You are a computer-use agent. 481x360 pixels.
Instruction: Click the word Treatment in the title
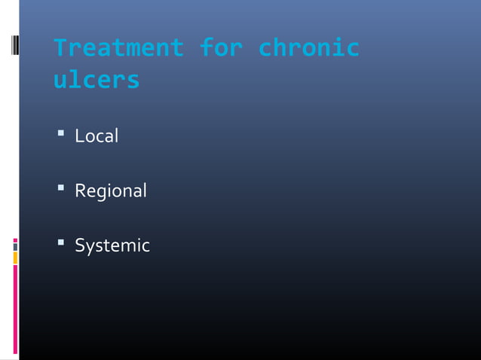[x=118, y=48]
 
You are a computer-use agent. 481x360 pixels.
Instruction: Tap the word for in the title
[x=221, y=48]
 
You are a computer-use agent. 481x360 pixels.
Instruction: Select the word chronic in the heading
[x=308, y=48]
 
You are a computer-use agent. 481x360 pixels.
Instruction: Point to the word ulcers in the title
[x=97, y=79]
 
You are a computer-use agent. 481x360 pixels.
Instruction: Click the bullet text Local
[x=97, y=137]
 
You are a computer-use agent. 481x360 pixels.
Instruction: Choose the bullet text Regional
[x=110, y=191]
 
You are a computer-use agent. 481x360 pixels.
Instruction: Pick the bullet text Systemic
[x=112, y=246]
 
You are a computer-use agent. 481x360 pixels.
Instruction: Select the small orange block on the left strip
[x=15, y=258]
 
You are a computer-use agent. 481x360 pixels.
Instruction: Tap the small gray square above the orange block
[x=15, y=246]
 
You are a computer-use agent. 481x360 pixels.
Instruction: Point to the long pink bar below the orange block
[x=15, y=309]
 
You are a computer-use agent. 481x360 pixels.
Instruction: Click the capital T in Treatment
[x=60, y=48]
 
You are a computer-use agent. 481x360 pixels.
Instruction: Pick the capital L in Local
[x=78, y=137]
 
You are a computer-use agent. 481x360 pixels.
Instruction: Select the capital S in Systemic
[x=79, y=246]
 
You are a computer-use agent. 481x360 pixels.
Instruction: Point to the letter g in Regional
[x=99, y=194]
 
